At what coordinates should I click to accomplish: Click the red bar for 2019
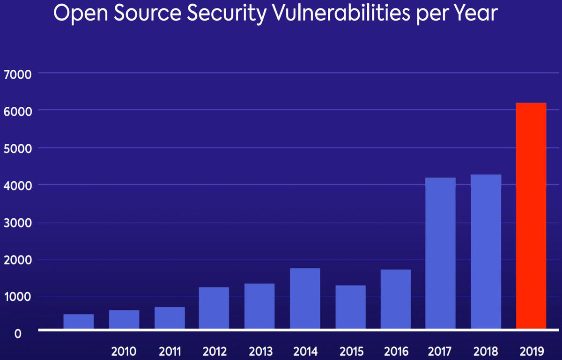(531, 215)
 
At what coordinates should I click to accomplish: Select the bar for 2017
(440, 253)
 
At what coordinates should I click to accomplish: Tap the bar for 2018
(486, 251)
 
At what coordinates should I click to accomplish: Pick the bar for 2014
(305, 298)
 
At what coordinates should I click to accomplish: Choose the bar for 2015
(350, 307)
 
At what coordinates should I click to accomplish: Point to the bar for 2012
(214, 308)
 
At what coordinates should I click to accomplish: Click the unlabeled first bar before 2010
(79, 321)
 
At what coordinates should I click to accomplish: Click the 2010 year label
(124, 351)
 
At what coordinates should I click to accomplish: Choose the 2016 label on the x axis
(396, 351)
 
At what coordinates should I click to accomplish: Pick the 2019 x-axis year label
(532, 351)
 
